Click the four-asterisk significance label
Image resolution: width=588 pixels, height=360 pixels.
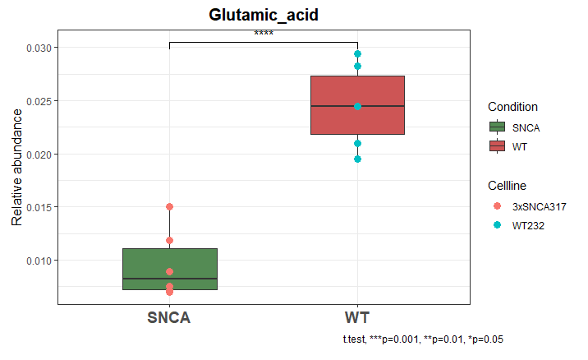[264, 35]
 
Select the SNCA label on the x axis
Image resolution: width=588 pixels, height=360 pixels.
[169, 318]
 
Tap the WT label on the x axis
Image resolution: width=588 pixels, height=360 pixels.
[357, 318]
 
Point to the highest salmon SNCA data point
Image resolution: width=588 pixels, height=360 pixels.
[169, 206]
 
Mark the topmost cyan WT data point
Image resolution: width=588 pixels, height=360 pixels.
[357, 54]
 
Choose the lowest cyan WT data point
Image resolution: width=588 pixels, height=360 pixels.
[357, 159]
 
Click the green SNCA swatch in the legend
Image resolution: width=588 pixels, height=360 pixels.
[496, 127]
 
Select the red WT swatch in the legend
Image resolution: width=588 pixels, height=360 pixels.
[496, 145]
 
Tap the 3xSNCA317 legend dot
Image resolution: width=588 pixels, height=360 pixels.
[496, 206]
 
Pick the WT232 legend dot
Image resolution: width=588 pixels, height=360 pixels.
[496, 224]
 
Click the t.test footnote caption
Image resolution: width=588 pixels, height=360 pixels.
[423, 339]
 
